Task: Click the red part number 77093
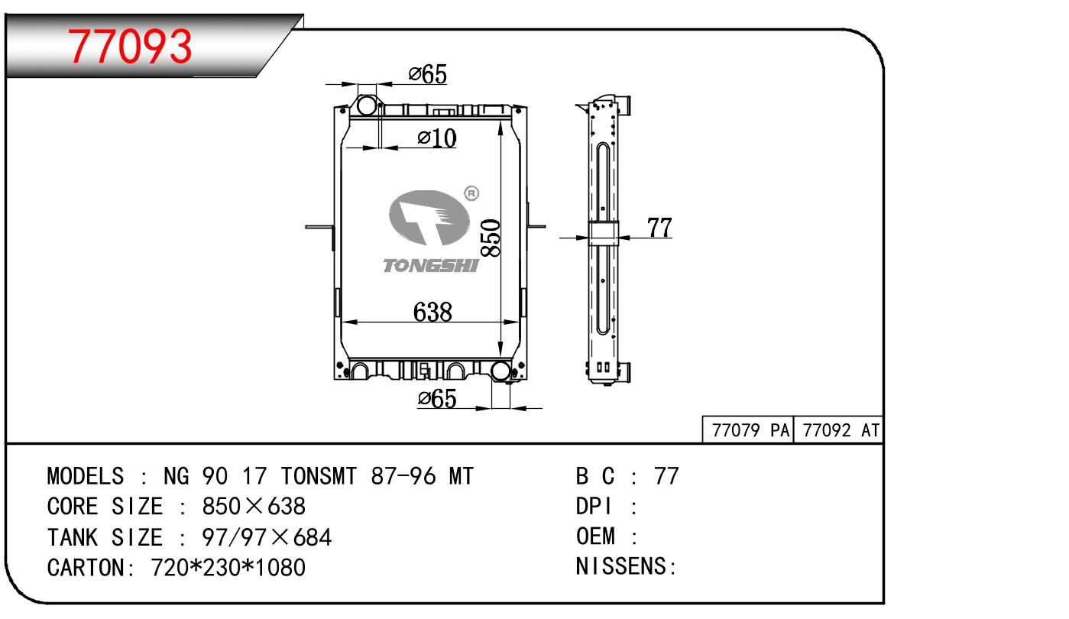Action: tap(130, 47)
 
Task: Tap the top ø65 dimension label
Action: tap(428, 74)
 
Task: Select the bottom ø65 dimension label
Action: tap(436, 398)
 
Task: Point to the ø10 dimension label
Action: tap(436, 138)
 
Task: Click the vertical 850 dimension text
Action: tap(491, 238)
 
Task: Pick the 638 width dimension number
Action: tap(432, 312)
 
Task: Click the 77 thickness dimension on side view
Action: tap(659, 227)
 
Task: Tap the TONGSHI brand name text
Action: tap(431, 266)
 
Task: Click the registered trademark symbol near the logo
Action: tap(471, 193)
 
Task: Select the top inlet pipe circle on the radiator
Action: tap(367, 105)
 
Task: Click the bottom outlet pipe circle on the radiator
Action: tap(500, 371)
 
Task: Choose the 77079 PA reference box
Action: tap(748, 430)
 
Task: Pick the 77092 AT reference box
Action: tap(839, 430)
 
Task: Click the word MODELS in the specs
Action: tap(86, 476)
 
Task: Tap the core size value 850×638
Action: tap(254, 507)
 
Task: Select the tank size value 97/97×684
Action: tap(267, 537)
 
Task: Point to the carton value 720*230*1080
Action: tap(228, 568)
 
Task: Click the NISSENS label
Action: tap(626, 566)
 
